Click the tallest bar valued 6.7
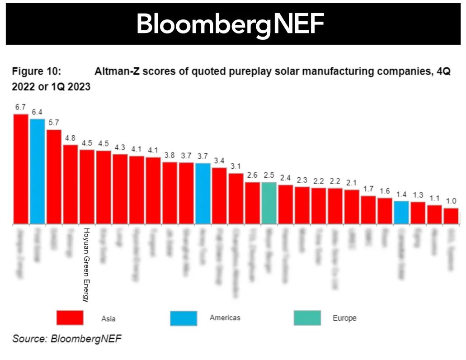tap(21, 169)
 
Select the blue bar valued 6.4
tap(38, 171)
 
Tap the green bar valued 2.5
tap(269, 203)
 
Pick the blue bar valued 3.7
tap(203, 194)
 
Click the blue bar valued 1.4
tap(401, 213)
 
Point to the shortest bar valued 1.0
tap(451, 216)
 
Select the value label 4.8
tap(70, 138)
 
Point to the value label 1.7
tap(368, 189)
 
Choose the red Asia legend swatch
tap(70, 317)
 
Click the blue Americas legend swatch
tap(184, 317)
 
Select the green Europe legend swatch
tap(307, 317)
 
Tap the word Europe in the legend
tap(344, 318)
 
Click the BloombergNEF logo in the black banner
tap(231, 24)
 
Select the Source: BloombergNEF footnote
tap(67, 339)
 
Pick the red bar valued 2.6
tap(252, 203)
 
